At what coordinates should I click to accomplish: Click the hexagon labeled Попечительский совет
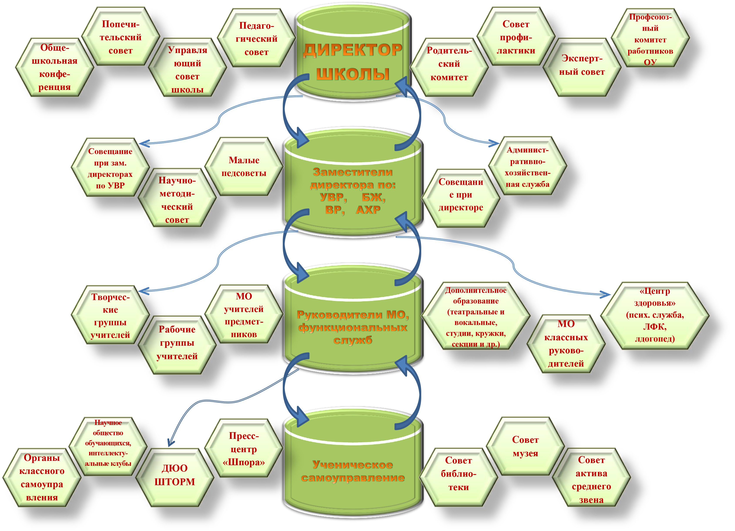pos(120,37)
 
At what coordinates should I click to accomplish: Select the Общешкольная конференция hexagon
pos(54,67)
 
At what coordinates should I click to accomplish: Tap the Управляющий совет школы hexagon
pos(187,69)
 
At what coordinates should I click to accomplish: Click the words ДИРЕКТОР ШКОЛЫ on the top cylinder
pos(353,61)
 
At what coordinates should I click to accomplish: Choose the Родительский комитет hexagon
pos(449,64)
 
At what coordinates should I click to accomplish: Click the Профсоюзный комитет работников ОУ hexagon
pos(650,39)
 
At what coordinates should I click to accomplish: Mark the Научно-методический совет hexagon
pos(177,200)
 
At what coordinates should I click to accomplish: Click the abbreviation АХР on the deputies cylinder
pos(368,210)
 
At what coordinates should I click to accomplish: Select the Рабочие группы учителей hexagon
pos(177,343)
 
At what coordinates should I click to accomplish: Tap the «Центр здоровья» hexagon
pos(655,315)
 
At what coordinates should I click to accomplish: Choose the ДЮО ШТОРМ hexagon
pos(175,475)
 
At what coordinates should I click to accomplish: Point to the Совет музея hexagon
pos(525,446)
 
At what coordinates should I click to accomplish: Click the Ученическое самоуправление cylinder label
pos(353,471)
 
